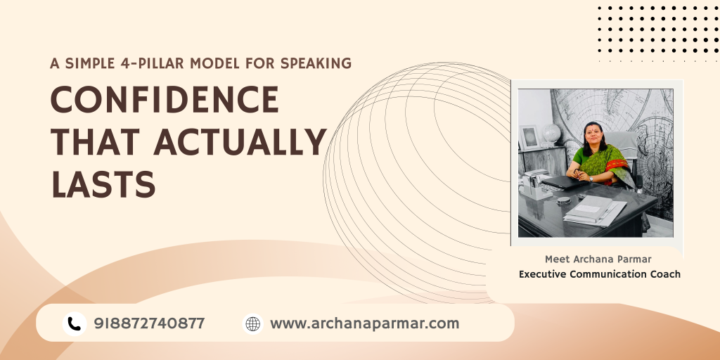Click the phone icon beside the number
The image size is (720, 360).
click(74, 323)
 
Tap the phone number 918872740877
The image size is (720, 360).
click(149, 323)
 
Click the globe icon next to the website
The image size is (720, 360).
click(252, 323)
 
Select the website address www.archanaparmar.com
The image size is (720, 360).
click(364, 323)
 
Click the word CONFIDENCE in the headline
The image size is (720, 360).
click(165, 101)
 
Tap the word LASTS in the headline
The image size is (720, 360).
click(103, 184)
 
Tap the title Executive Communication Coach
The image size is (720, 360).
click(600, 274)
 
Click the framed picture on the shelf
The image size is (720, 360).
click(529, 136)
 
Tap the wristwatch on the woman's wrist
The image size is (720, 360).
click(591, 179)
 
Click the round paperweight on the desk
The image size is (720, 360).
click(563, 200)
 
